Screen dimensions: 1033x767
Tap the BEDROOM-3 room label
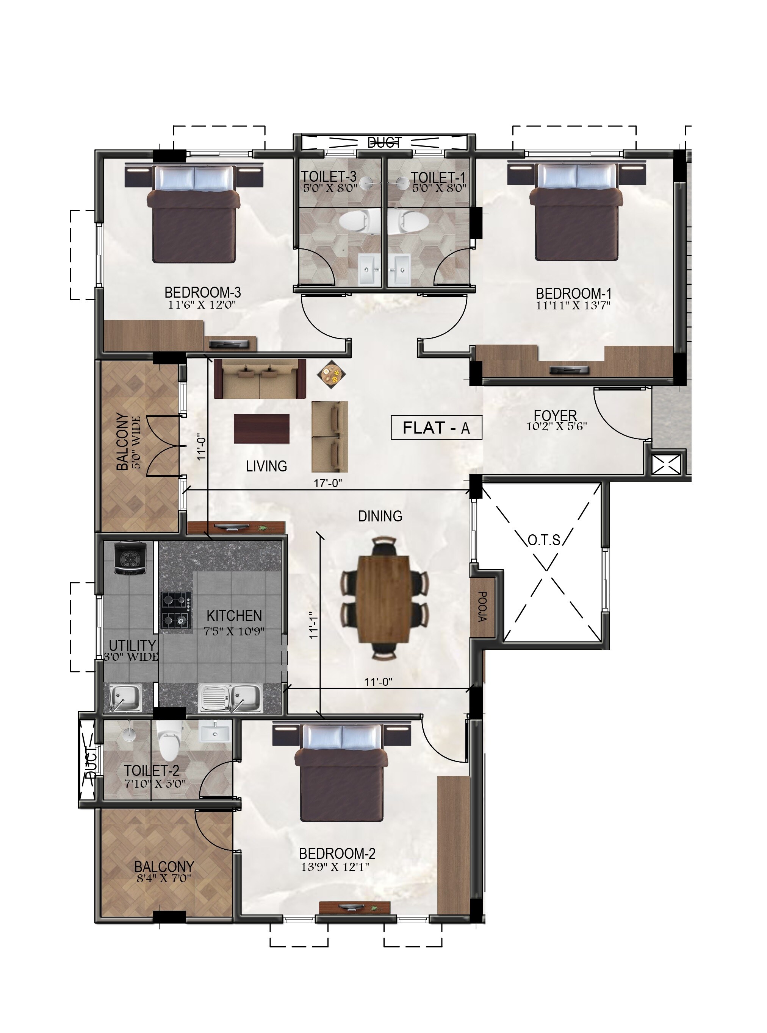tap(202, 292)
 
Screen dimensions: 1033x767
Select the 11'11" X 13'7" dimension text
tap(573, 305)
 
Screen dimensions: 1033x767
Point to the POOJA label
tap(482, 606)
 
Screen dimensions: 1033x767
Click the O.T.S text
tap(544, 540)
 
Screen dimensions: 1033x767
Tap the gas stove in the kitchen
tap(176, 612)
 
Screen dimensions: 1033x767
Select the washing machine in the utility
tap(130, 558)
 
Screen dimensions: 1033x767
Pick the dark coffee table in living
tap(261, 429)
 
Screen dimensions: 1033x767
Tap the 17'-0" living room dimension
tap(327, 483)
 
